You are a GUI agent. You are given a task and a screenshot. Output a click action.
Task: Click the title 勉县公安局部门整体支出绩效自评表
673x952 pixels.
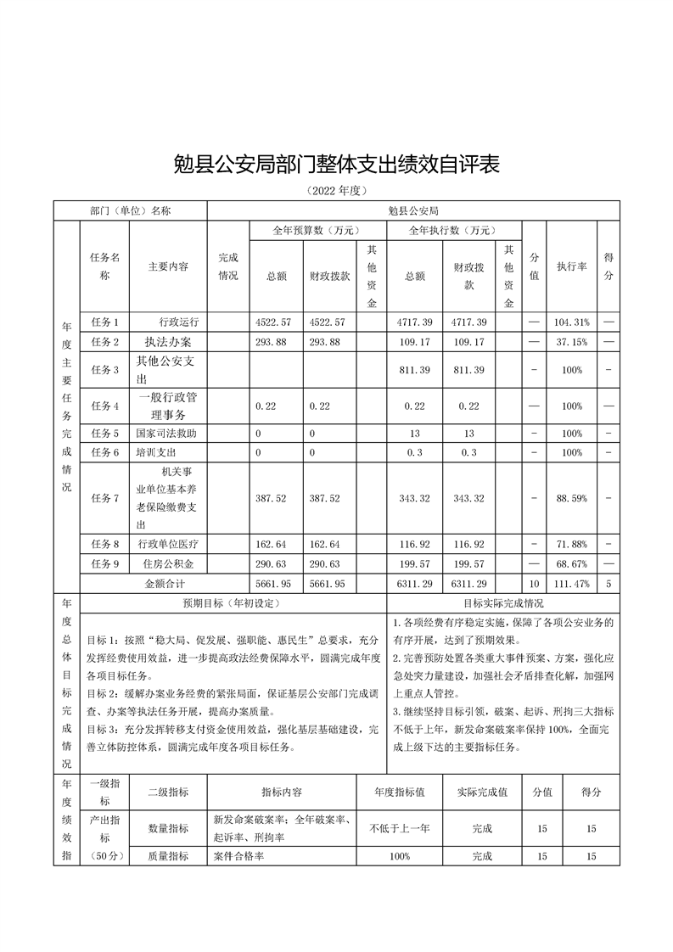point(336,164)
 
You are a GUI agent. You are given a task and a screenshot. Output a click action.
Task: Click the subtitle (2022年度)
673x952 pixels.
point(336,191)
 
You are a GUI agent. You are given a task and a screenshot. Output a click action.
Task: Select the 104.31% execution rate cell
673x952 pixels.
point(571,322)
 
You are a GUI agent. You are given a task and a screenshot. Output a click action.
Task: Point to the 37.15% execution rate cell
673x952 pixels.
point(571,342)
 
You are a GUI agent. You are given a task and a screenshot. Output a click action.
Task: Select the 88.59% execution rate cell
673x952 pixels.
point(571,498)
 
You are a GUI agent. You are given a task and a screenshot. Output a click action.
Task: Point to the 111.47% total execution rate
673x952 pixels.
point(571,584)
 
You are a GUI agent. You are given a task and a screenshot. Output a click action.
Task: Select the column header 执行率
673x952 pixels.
point(571,266)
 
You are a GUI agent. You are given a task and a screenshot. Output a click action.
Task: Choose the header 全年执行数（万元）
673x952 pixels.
point(453,230)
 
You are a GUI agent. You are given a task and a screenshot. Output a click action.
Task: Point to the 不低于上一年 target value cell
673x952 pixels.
point(400,827)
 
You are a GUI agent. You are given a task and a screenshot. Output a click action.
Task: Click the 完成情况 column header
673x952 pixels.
point(227,266)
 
